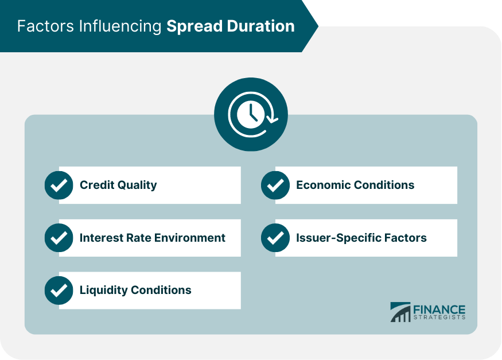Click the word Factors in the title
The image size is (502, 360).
pyautogui.click(x=45, y=26)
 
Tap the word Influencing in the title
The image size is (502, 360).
pyautogui.click(x=120, y=26)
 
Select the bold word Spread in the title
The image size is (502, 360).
pyautogui.click(x=194, y=27)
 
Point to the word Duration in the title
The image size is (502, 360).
pyautogui.click(x=261, y=26)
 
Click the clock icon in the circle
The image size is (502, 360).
pyautogui.click(x=251, y=114)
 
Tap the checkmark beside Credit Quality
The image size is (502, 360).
pyautogui.click(x=59, y=185)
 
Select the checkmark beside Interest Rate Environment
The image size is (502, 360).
pyautogui.click(x=59, y=238)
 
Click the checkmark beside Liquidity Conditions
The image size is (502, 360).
pyautogui.click(x=59, y=290)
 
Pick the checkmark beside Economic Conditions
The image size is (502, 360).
pyautogui.click(x=275, y=185)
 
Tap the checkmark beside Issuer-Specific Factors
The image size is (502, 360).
pyautogui.click(x=275, y=238)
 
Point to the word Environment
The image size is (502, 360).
pyautogui.click(x=190, y=238)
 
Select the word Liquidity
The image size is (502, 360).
pyautogui.click(x=104, y=290)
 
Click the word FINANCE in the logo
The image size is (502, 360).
pyautogui.click(x=439, y=309)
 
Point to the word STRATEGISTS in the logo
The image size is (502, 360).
pyautogui.click(x=439, y=317)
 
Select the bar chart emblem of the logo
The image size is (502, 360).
pyautogui.click(x=400, y=312)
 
